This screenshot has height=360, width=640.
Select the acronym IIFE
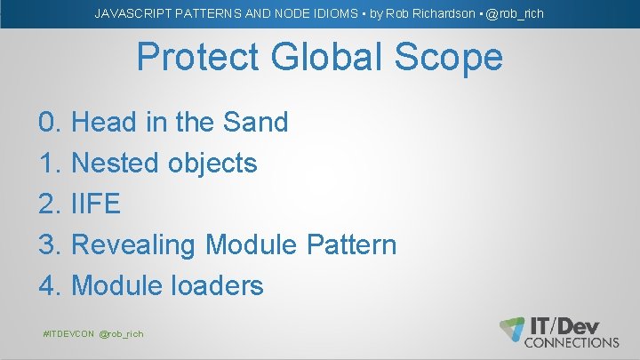pos(95,204)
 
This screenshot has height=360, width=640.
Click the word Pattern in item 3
pos(351,244)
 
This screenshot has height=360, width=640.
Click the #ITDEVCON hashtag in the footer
pos(68,333)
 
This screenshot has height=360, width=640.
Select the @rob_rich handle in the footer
pos(122,333)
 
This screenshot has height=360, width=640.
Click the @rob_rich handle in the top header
pos(515,13)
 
